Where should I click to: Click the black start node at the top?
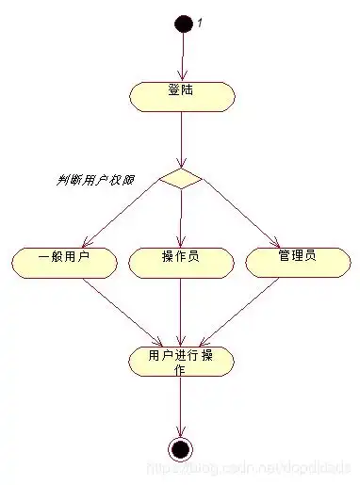[x=183, y=23]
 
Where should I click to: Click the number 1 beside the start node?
[x=200, y=24]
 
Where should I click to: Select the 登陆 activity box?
[x=181, y=96]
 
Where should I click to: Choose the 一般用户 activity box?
[x=64, y=263]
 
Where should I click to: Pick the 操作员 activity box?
[x=180, y=263]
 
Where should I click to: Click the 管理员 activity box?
[x=297, y=262]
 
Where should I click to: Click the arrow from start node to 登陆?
[x=182, y=57]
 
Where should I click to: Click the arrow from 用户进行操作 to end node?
[x=180, y=405]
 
